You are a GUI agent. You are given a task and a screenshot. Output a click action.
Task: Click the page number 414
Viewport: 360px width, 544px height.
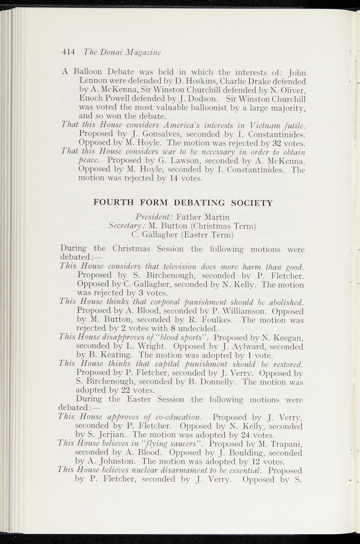[x=68, y=52]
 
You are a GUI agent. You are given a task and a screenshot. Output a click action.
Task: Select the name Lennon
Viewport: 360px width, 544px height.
[x=92, y=80]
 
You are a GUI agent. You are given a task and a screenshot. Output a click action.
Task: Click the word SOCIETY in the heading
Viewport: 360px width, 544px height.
[x=252, y=203]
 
